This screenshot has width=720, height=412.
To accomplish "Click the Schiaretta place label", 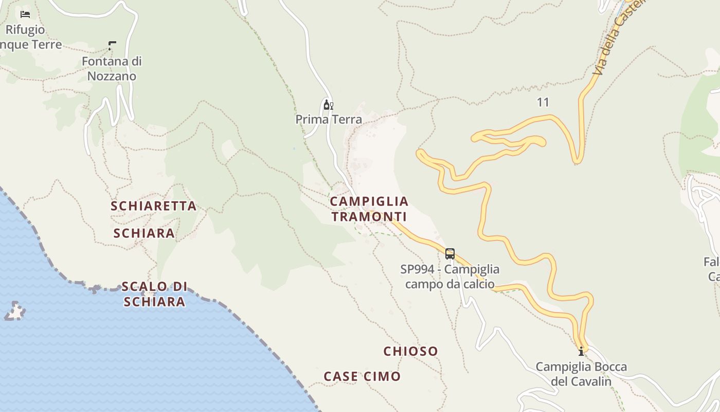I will coord(153,206).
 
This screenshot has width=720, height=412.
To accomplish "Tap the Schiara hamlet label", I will coord(144,233).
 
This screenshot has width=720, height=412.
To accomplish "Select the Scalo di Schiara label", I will coord(154,294).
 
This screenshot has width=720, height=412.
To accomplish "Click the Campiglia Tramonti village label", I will coord(369,209).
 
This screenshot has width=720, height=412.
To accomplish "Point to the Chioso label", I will coord(410,351).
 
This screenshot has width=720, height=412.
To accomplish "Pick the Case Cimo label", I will coord(362,376).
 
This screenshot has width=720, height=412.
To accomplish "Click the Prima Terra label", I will coord(329,119).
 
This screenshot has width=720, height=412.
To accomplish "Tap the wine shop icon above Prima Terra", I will coord(328,105).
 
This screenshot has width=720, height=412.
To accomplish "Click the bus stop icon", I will coord(450,254).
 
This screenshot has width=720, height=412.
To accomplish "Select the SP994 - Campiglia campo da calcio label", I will coord(449,277).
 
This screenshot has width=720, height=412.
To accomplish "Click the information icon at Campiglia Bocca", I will coord(581,351).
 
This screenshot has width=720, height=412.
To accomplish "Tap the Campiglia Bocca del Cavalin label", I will coord(581,374).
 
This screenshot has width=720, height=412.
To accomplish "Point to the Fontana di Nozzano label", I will coord(112,68).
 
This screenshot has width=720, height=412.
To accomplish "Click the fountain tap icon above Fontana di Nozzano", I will coord(112,46).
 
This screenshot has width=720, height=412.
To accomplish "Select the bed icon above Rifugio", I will coord(25,14).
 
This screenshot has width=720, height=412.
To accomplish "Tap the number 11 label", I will coord(543,102).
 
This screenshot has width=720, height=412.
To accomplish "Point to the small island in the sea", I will coord(15,311).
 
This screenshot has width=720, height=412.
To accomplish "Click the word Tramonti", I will coord(369,217).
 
